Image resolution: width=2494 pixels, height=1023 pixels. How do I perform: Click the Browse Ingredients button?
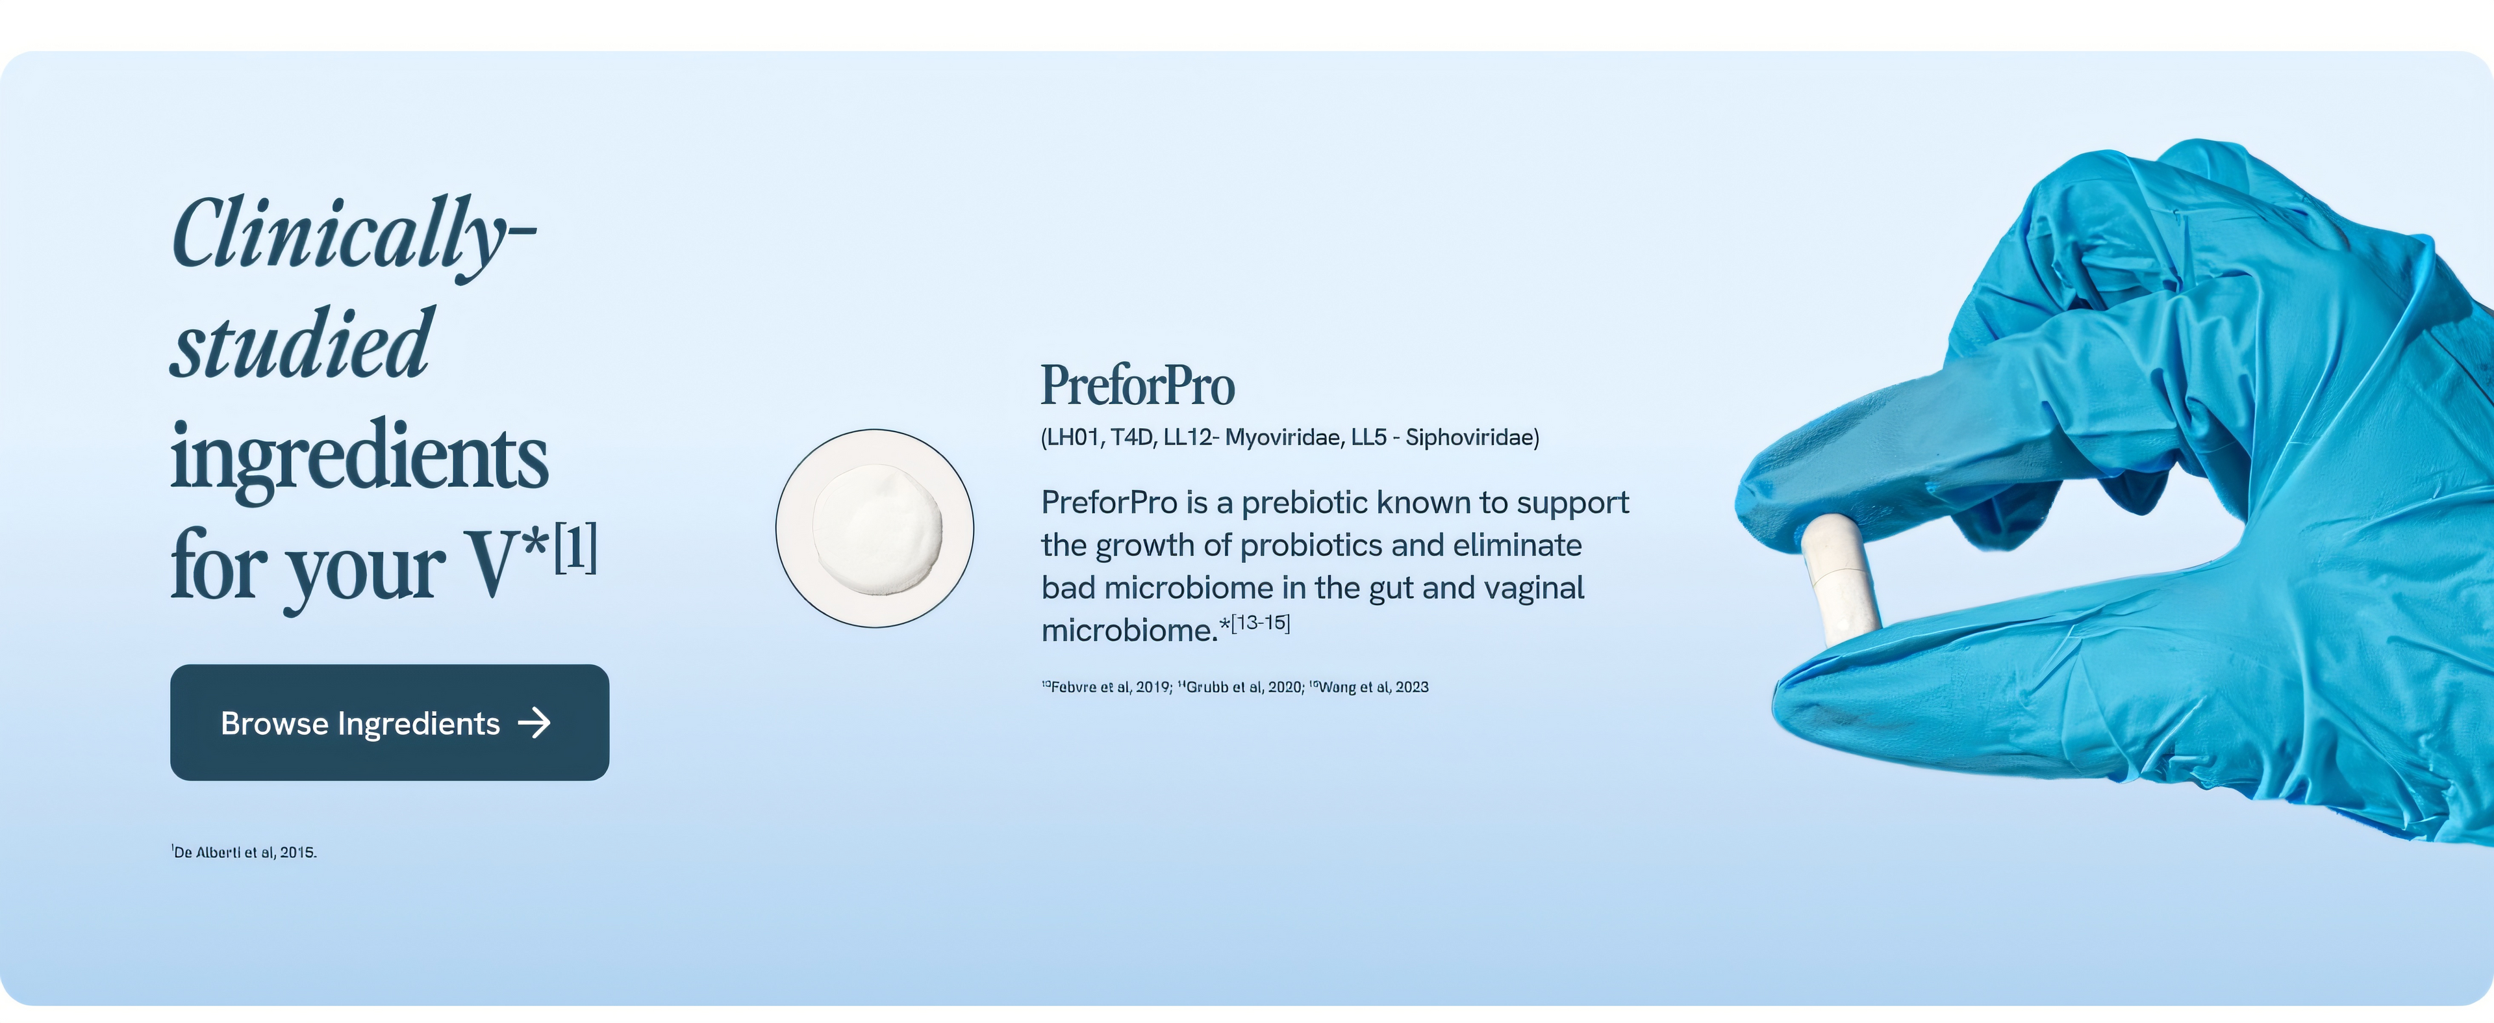pyautogui.click(x=389, y=723)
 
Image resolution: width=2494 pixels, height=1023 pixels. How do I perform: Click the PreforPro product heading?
pyautogui.click(x=1138, y=385)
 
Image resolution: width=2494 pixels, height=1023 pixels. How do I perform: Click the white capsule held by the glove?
pyautogui.click(x=1841, y=579)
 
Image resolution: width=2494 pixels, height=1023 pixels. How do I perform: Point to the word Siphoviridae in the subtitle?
pyautogui.click(x=1470, y=438)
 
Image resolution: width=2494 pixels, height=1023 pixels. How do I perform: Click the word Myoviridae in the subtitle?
pyautogui.click(x=1283, y=438)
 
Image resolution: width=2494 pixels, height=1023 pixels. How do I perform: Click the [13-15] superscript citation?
pyautogui.click(x=1261, y=623)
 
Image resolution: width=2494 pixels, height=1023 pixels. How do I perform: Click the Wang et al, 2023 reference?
pyautogui.click(x=1369, y=687)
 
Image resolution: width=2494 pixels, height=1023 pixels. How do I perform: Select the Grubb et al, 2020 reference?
pyautogui.click(x=1241, y=687)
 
